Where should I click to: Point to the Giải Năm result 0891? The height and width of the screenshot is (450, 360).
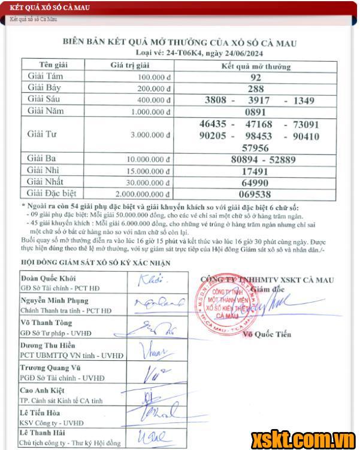pyautogui.click(x=256, y=111)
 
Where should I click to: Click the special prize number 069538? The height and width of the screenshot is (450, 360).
pyautogui.click(x=256, y=194)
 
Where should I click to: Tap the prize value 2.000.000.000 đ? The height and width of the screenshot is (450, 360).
pyautogui.click(x=144, y=194)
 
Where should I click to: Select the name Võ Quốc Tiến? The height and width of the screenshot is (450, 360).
pyautogui.click(x=267, y=335)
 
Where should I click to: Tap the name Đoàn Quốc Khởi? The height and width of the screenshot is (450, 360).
pyautogui.click(x=49, y=279)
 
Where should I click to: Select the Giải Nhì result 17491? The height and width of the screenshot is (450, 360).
pyautogui.click(x=256, y=171)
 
